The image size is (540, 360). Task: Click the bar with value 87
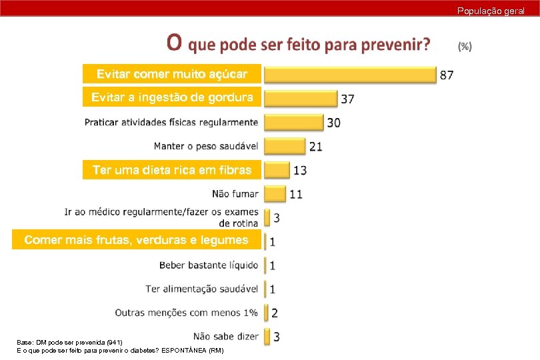click(x=349, y=74)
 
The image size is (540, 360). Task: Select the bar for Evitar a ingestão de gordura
click(x=299, y=98)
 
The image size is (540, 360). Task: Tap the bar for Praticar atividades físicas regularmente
click(x=294, y=122)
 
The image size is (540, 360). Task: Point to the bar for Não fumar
click(x=275, y=194)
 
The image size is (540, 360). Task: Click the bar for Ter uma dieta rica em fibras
click(x=277, y=170)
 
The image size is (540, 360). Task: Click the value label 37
click(x=347, y=99)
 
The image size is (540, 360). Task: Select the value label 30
click(x=333, y=123)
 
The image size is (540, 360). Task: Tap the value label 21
click(x=316, y=147)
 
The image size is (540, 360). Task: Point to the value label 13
click(x=300, y=171)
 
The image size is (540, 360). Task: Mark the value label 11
click(x=296, y=195)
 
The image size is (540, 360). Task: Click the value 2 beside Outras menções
click(x=275, y=313)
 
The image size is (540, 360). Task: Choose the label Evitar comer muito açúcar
click(x=172, y=73)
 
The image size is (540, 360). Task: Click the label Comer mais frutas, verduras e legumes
click(x=136, y=240)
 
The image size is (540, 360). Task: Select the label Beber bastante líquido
click(x=209, y=265)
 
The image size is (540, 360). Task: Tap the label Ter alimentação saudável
click(x=202, y=289)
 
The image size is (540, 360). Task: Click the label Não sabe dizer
click(x=225, y=336)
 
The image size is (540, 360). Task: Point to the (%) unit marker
click(x=465, y=46)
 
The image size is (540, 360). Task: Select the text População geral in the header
click(x=491, y=11)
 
